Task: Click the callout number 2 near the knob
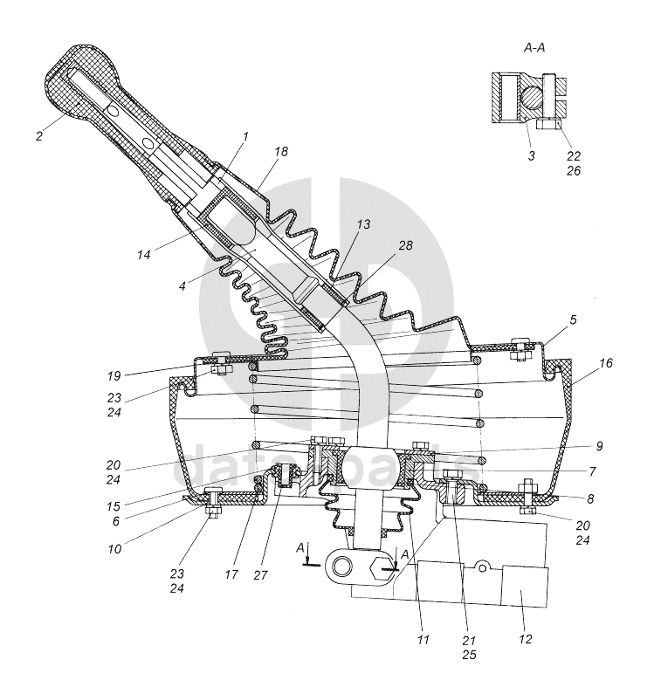pyautogui.click(x=39, y=136)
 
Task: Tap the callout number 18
pyautogui.click(x=281, y=151)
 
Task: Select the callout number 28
pyautogui.click(x=405, y=245)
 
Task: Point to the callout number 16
pyautogui.click(x=606, y=362)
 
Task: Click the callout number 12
pyautogui.click(x=525, y=639)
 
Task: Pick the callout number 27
pyautogui.click(x=261, y=575)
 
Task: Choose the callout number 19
pyautogui.click(x=114, y=376)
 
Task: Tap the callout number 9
pyautogui.click(x=599, y=446)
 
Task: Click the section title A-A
pyautogui.click(x=534, y=47)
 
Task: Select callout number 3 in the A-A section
pyautogui.click(x=532, y=155)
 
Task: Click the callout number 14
pyautogui.click(x=143, y=255)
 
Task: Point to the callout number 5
pyautogui.click(x=573, y=320)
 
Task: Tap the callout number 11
pyautogui.click(x=423, y=639)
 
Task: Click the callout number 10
pyautogui.click(x=114, y=549)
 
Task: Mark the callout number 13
pyautogui.click(x=364, y=224)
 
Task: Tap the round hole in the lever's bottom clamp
pyautogui.click(x=342, y=565)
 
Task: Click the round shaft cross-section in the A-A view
pyautogui.click(x=532, y=97)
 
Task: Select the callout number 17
pyautogui.click(x=231, y=574)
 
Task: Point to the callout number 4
pyautogui.click(x=182, y=285)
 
